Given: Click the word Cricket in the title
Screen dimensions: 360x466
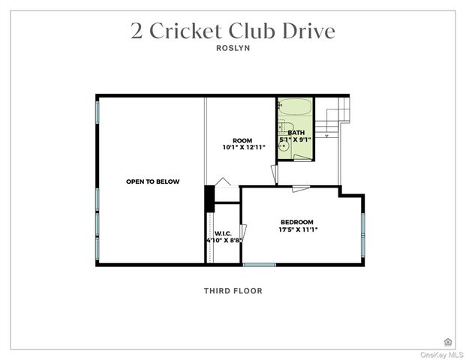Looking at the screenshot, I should [x=185, y=31].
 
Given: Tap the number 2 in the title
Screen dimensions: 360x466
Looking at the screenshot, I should [x=137, y=31].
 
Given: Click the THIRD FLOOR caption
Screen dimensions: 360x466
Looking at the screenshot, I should [x=233, y=291].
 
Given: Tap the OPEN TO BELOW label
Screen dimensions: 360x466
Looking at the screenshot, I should [x=152, y=181].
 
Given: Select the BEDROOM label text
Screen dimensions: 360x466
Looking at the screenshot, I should [x=296, y=222].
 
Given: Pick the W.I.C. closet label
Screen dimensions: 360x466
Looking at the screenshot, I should [x=223, y=232].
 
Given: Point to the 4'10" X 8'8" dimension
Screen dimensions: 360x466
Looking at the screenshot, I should [x=223, y=241].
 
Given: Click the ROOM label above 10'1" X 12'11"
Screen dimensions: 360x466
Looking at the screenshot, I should [x=242, y=140].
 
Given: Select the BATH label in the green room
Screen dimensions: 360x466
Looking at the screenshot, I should [x=296, y=133].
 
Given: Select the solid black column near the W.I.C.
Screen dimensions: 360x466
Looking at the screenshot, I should [x=209, y=198].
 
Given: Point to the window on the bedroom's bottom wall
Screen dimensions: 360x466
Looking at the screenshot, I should [x=259, y=264].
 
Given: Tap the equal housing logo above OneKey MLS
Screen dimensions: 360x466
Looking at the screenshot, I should [x=449, y=342].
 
